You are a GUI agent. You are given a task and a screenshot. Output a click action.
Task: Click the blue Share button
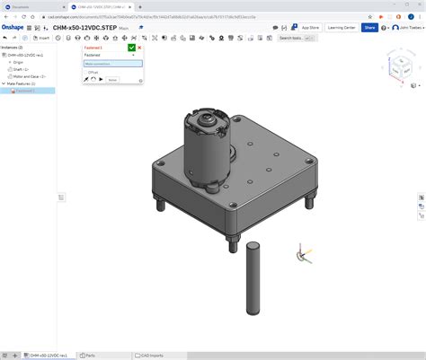click(x=369, y=28)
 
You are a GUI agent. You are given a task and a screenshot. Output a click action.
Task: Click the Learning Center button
click(x=342, y=28)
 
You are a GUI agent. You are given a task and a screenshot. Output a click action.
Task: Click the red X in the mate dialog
click(x=139, y=48)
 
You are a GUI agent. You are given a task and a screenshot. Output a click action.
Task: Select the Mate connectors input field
click(x=112, y=64)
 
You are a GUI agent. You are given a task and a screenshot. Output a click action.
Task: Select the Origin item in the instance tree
click(x=19, y=62)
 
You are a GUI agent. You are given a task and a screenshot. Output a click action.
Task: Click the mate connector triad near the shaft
click(x=302, y=255)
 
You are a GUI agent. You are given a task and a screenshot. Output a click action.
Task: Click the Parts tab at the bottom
click(x=89, y=355)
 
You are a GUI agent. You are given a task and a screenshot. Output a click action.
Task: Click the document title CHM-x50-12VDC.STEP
click(x=84, y=28)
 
